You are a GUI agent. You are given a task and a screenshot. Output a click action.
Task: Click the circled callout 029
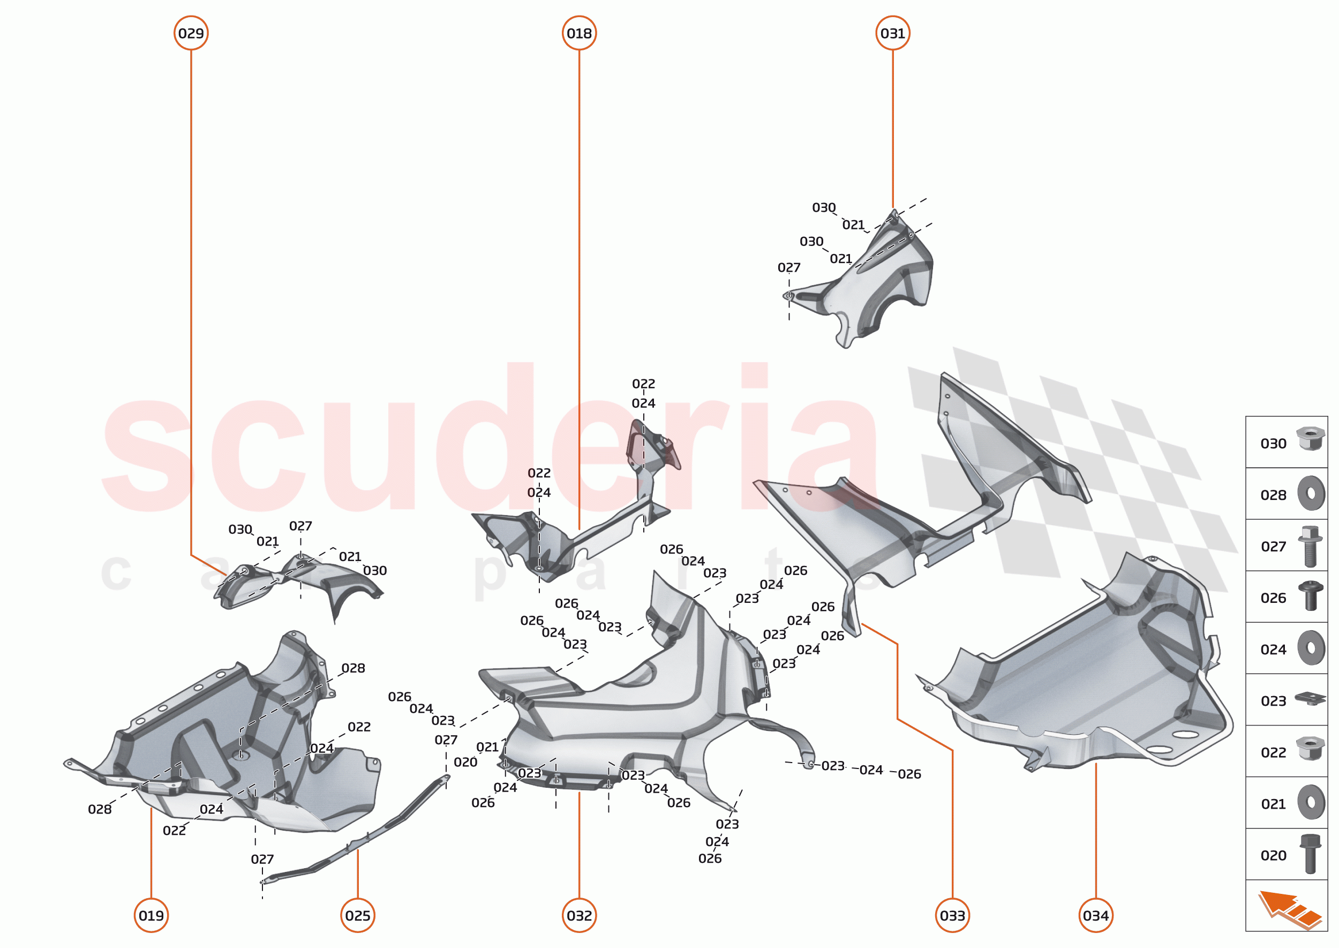191,33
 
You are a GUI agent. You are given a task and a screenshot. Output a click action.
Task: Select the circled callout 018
579,33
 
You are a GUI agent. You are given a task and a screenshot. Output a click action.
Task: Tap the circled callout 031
892,33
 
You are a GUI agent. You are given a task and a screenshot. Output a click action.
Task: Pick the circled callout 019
151,915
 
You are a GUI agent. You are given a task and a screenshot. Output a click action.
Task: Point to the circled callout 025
358,915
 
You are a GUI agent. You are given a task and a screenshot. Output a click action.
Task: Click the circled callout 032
579,915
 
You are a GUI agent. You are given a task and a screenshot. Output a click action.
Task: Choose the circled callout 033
952,915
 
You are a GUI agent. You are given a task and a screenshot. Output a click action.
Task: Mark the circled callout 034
1096,915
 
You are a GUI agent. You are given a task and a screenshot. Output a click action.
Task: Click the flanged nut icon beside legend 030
1310,439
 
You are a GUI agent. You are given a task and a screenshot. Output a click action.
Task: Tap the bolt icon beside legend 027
1310,545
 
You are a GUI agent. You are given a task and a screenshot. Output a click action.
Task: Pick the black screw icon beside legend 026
1310,596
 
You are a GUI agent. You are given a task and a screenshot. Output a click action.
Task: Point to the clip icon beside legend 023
1310,698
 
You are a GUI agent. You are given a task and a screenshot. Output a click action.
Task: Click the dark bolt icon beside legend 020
1310,854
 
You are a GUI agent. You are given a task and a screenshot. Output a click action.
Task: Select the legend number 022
1273,753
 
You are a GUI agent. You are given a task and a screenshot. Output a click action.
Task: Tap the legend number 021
1273,804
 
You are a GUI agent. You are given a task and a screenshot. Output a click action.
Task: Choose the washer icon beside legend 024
1311,647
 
